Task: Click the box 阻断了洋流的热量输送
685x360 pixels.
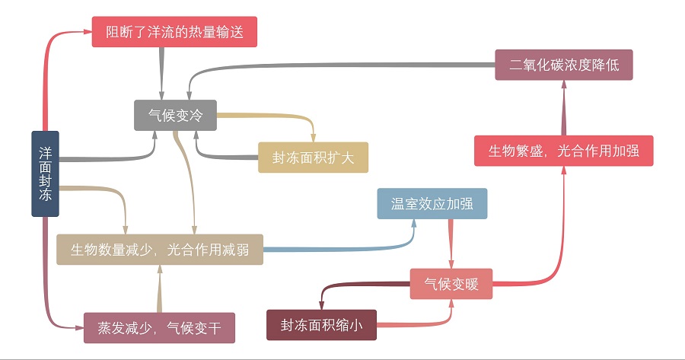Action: pos(174,32)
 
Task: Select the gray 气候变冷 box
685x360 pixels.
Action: pos(176,116)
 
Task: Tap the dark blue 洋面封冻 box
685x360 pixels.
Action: pos(45,174)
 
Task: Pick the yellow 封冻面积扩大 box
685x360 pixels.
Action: pos(313,158)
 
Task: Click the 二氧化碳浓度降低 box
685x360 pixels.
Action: pos(563,65)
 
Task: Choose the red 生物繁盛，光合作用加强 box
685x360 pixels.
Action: pos(563,150)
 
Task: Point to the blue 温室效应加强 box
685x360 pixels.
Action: pos(432,204)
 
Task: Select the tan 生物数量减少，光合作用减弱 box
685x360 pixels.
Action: pos(160,249)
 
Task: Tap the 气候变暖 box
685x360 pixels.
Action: pos(451,284)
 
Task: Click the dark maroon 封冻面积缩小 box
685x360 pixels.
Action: pos(322,325)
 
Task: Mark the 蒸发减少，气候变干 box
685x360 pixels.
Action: pos(159,328)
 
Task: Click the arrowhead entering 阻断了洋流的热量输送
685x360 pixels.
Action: pos(87,32)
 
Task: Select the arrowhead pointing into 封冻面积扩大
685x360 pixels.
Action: pos(313,137)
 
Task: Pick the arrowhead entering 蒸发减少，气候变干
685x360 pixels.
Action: pos(78,328)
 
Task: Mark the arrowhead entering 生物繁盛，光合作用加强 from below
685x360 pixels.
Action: pos(564,170)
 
